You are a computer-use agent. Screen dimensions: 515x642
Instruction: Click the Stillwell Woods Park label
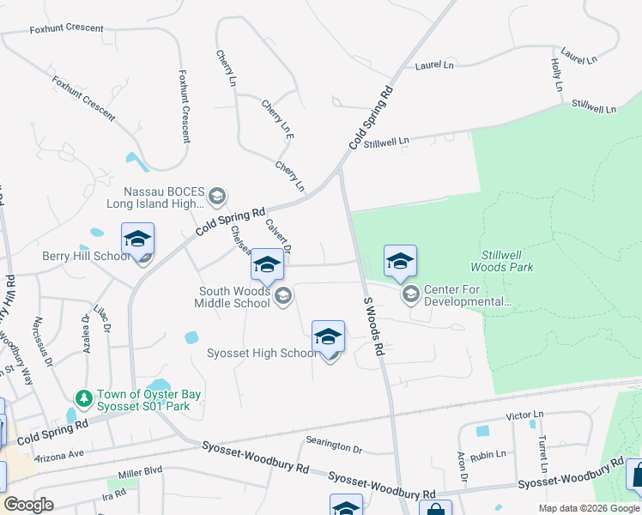pyautogui.click(x=507, y=261)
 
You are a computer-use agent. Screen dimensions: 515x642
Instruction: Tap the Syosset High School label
pyautogui.click(x=263, y=354)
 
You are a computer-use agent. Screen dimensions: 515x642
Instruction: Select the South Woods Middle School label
pyautogui.click(x=234, y=297)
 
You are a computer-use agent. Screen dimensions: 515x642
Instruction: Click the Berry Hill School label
pyautogui.click(x=86, y=257)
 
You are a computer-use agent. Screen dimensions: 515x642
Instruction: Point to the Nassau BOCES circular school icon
pyautogui.click(x=217, y=197)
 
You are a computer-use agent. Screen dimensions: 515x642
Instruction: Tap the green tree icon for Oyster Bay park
pyautogui.click(x=83, y=398)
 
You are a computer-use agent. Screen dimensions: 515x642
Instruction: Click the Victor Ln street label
pyautogui.click(x=525, y=416)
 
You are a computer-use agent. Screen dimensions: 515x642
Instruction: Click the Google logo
pyautogui.click(x=28, y=504)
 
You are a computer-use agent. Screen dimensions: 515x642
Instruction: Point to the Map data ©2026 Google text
pyautogui.click(x=588, y=508)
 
